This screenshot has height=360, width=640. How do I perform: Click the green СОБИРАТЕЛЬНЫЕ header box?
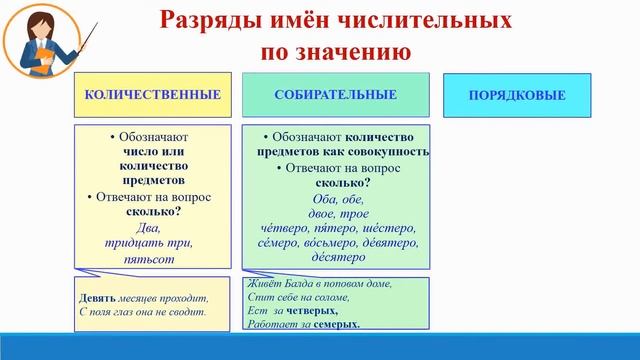(x=335, y=95)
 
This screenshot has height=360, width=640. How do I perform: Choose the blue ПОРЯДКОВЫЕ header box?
(x=517, y=96)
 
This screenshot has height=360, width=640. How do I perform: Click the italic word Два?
(x=148, y=227)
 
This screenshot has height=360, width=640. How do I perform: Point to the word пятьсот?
(x=148, y=258)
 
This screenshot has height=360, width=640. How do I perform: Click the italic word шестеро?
(x=392, y=227)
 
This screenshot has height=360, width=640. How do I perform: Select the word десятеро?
(x=338, y=257)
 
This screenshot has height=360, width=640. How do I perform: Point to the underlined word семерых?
(x=335, y=324)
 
